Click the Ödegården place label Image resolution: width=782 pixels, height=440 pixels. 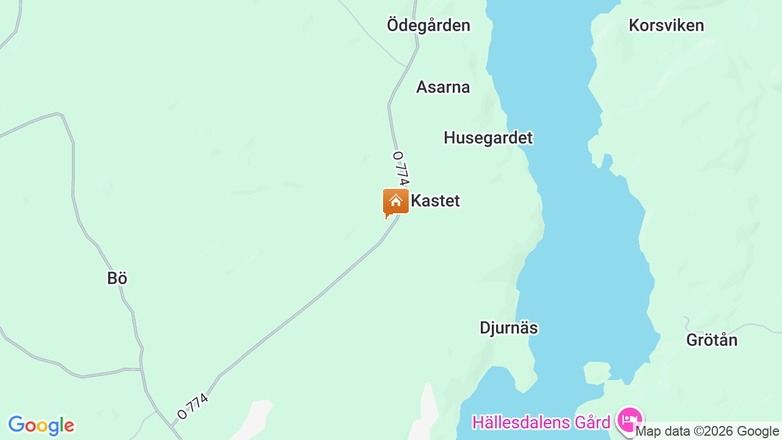click(428, 25)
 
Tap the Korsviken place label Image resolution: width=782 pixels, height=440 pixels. click(666, 25)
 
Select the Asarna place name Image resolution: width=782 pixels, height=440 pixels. click(443, 87)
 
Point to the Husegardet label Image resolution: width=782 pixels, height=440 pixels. click(488, 137)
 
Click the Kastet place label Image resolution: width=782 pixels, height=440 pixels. click(435, 200)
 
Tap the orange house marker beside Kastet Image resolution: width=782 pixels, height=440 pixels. click(395, 202)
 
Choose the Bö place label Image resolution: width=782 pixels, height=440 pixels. click(117, 278)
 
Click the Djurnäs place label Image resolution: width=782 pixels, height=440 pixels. click(508, 328)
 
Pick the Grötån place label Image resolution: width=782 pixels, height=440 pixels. click(712, 340)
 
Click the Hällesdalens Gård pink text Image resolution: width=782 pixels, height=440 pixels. click(541, 422)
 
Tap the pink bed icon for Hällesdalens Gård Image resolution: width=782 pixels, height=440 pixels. click(629, 420)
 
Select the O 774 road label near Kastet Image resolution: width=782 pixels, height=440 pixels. click(400, 168)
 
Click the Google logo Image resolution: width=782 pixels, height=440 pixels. click(41, 425)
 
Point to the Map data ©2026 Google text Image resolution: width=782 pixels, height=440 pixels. click(707, 431)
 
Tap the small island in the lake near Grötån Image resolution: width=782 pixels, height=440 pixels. click(597, 372)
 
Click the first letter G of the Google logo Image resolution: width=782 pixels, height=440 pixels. click(16, 425)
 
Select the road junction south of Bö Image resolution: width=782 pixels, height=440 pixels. click(141, 369)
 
